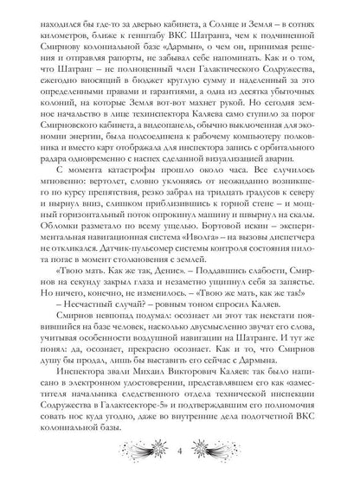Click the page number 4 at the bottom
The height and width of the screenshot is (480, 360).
[179, 453]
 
